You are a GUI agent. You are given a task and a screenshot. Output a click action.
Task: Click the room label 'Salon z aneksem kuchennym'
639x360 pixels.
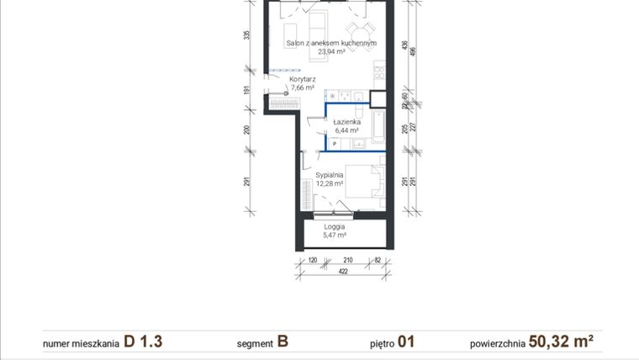pyautogui.click(x=330, y=43)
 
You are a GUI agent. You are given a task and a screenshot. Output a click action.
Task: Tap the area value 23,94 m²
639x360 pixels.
pyautogui.click(x=330, y=51)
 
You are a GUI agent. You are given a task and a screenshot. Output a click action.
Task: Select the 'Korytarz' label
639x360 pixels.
pyautogui.click(x=302, y=79)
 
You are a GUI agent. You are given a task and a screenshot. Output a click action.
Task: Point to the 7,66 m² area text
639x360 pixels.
pyautogui.click(x=302, y=87)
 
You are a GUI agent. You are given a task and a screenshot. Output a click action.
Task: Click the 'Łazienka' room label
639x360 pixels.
pyautogui.click(x=346, y=122)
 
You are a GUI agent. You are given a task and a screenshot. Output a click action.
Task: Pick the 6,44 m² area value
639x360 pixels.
pyautogui.click(x=346, y=130)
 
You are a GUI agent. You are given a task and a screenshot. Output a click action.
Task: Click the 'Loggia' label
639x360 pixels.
pyautogui.click(x=335, y=226)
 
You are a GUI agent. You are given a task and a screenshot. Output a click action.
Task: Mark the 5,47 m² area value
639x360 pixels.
pyautogui.click(x=335, y=236)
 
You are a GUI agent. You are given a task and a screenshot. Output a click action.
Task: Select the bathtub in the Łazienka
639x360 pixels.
pyautogui.click(x=378, y=127)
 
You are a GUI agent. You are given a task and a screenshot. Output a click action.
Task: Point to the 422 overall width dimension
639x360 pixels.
pyautogui.click(x=343, y=273)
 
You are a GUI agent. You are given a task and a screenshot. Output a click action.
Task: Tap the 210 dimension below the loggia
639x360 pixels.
pyautogui.click(x=348, y=261)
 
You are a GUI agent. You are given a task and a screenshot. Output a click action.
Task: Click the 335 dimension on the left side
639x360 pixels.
pyautogui.click(x=247, y=35)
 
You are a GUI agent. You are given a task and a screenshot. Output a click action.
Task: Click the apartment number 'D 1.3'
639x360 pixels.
pyautogui.click(x=142, y=341)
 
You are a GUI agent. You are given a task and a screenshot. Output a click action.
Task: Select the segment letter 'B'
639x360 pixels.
pyautogui.click(x=283, y=341)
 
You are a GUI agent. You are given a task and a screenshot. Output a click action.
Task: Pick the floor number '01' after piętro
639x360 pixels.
pyautogui.click(x=406, y=341)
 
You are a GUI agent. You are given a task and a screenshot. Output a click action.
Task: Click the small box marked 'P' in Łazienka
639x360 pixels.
pyautogui.click(x=334, y=144)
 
